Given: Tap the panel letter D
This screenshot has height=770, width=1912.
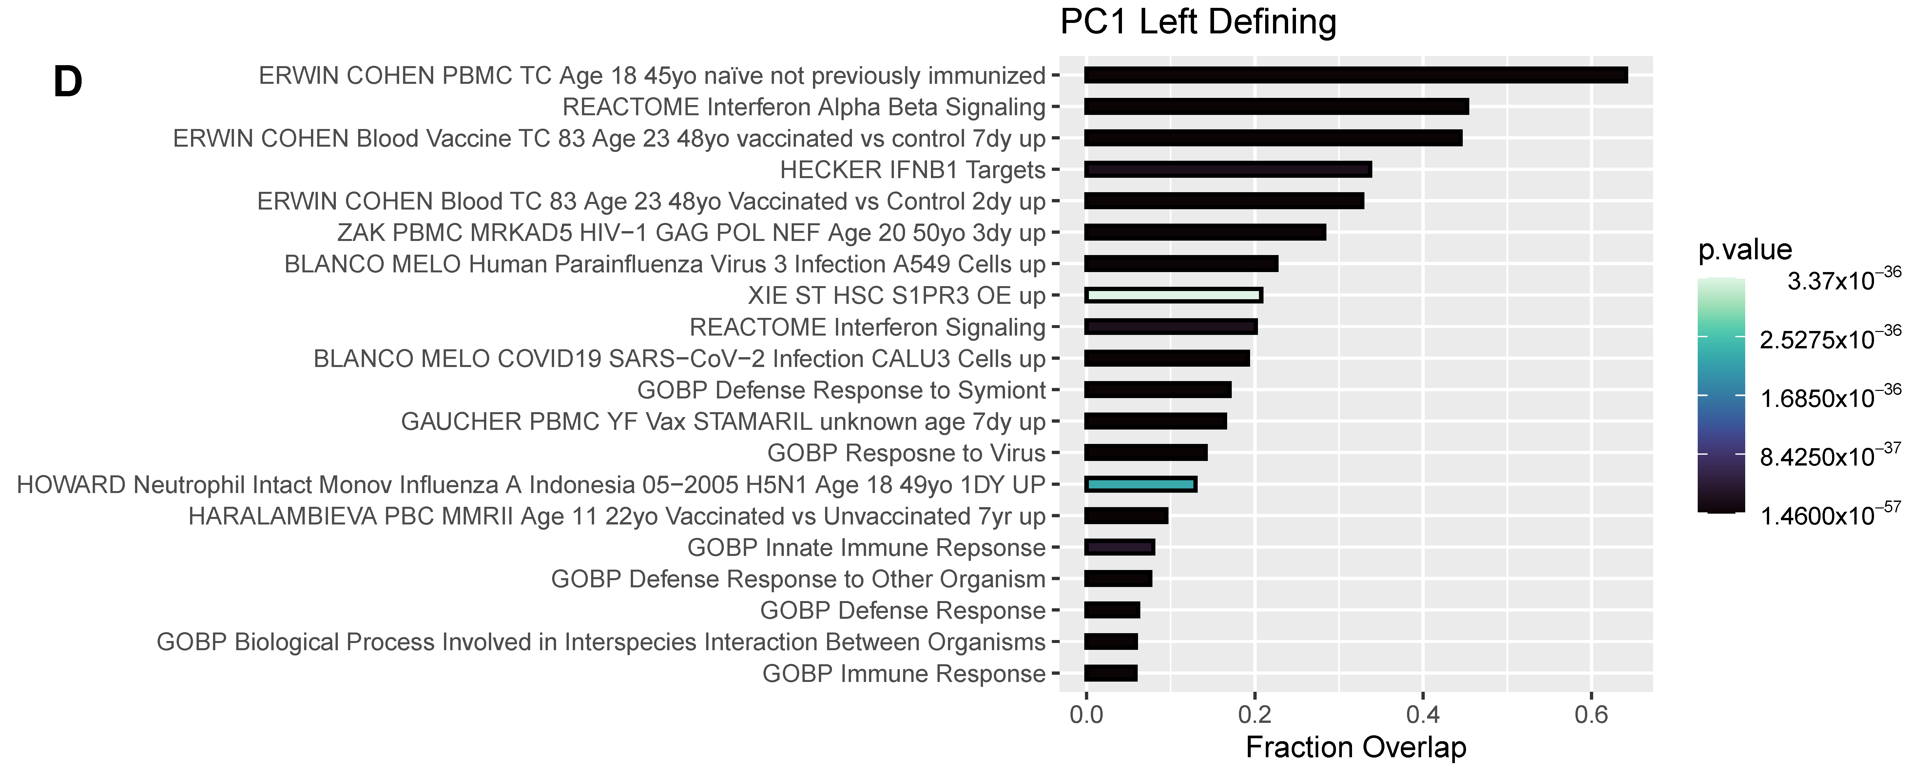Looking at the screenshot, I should tap(68, 82).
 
